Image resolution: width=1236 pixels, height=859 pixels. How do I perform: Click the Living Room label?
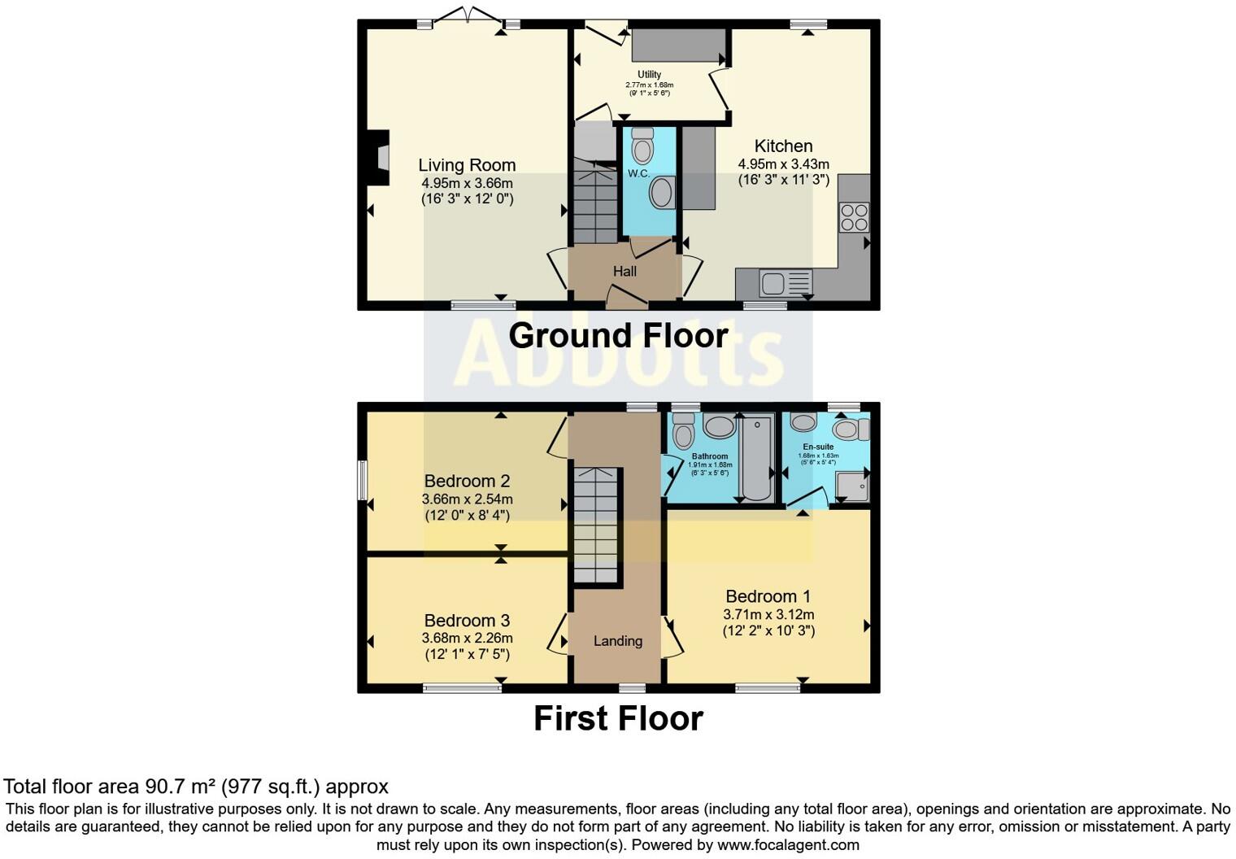467,165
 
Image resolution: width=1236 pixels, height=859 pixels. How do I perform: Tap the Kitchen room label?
783,146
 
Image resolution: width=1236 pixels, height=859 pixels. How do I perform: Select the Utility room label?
649,75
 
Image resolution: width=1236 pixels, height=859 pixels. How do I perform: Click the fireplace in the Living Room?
379,152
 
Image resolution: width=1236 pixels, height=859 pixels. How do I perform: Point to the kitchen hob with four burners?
854,217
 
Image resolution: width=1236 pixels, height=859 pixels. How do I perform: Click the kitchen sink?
773,283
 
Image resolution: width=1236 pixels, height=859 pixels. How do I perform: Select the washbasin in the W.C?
662,194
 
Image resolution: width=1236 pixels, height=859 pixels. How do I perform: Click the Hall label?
625,272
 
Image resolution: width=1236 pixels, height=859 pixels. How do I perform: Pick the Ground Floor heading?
618,336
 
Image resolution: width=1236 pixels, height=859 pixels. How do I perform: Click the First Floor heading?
618,718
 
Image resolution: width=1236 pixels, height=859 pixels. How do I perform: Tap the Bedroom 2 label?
467,482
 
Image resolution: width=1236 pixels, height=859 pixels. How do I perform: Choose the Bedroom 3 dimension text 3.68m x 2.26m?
467,639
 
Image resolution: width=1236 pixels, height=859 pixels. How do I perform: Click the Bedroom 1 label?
768,597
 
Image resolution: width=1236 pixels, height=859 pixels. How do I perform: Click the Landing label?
618,641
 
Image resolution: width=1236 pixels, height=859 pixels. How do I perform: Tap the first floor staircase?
596,525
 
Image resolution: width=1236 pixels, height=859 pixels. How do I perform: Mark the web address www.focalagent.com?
788,844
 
